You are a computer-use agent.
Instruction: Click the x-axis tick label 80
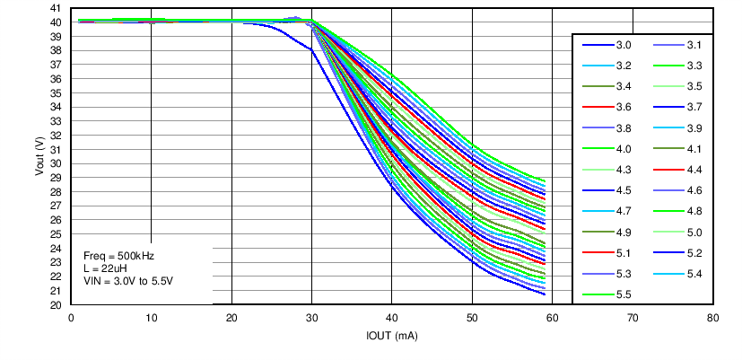[x=712, y=318]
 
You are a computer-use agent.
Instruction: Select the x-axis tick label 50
[x=472, y=318]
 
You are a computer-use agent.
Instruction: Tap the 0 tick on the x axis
[x=71, y=318]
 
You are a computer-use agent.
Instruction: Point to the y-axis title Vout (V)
[x=40, y=156]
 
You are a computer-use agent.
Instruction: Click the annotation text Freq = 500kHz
[x=118, y=256]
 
